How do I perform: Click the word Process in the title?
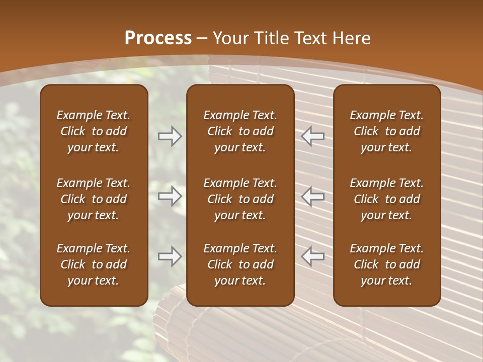[x=158, y=38]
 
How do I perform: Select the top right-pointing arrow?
[x=170, y=136]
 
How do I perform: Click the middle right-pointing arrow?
[x=170, y=196]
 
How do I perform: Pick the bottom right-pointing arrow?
[x=170, y=256]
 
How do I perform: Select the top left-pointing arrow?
[x=313, y=136]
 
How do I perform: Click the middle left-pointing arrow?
[x=313, y=196]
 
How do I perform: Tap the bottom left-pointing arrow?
[x=313, y=256]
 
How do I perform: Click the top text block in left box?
[x=94, y=131]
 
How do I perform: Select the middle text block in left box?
[x=94, y=199]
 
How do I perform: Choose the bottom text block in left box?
[x=94, y=264]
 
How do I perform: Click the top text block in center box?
[x=240, y=131]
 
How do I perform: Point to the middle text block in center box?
[x=240, y=199]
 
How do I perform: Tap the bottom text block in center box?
[x=240, y=264]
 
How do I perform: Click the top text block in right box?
[x=386, y=131]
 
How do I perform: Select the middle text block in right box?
[x=386, y=199]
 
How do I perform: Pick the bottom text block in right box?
[x=386, y=264]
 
